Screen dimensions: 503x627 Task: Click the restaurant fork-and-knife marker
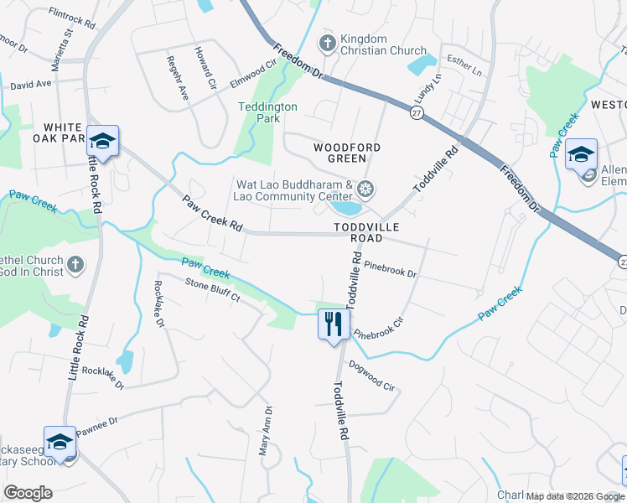point(333,324)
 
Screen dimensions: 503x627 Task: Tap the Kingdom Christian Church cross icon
point(327,41)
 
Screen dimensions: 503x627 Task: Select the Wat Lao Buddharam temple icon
point(364,187)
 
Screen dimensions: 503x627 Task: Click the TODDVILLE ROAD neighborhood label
point(370,232)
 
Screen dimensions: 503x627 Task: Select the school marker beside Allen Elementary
point(581,154)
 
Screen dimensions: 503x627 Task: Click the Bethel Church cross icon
point(75,266)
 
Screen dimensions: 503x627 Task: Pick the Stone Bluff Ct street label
point(212,290)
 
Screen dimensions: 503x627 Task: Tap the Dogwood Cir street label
point(371,376)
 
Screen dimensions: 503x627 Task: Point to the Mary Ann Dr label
point(267,430)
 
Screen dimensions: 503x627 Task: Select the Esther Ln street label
point(466,66)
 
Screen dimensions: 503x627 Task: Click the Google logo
point(28,493)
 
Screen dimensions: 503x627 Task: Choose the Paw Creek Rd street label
point(212,215)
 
